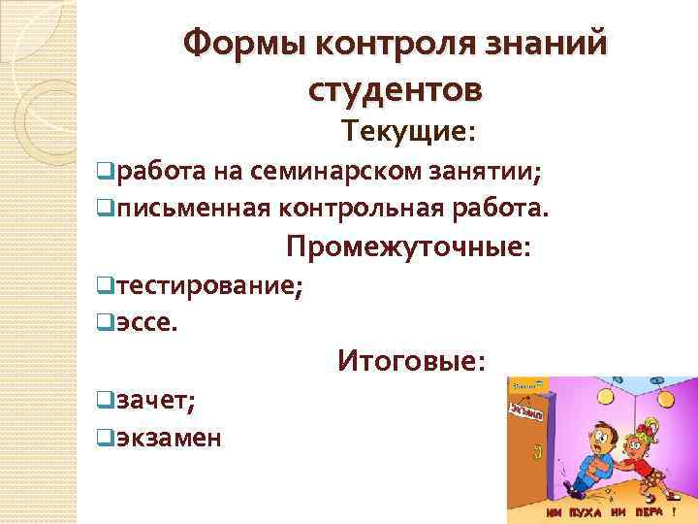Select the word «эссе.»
(x=146, y=320)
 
